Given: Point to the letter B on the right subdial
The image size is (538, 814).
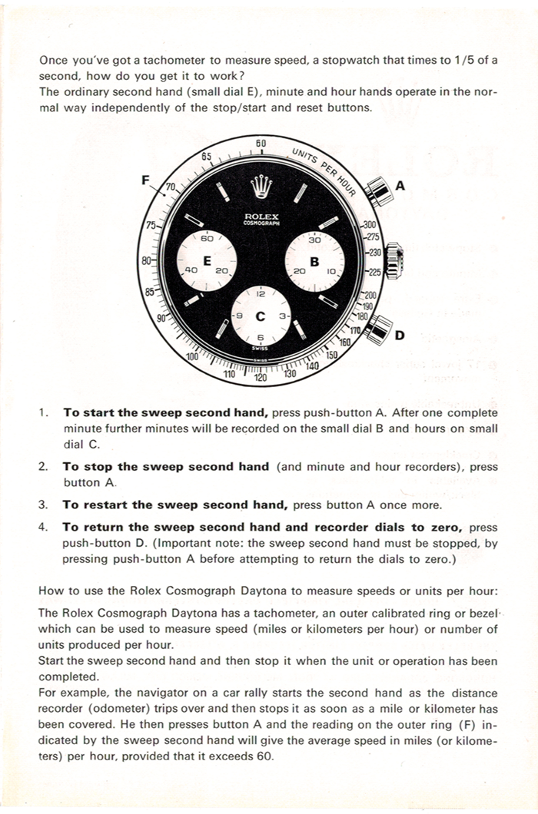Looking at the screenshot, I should tap(314, 260).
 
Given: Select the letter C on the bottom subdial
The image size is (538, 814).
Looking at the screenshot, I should tap(260, 316).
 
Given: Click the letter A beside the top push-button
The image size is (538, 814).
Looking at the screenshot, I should tap(400, 186).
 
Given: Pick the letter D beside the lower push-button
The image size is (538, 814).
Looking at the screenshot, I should tap(400, 336).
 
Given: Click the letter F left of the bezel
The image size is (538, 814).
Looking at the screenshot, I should tap(146, 180).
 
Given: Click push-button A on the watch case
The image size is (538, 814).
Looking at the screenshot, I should tap(376, 190).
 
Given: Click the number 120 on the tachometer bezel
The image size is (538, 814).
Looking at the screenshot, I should tap(260, 378).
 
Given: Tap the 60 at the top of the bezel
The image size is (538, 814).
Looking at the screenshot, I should tap(261, 144).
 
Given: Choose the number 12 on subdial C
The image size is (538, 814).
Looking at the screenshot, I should tap(261, 294).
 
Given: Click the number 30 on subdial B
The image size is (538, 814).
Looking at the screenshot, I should tap(314, 240).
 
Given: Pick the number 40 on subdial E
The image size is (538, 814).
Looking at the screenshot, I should tap(192, 271).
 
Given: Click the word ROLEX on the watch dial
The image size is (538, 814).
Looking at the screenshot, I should tap(261, 216).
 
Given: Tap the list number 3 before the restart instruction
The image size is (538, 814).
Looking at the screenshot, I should tap(43, 505).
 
